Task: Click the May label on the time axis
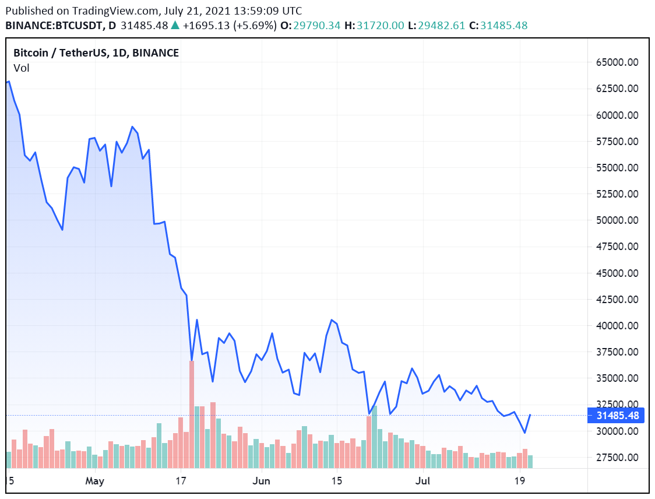(x=94, y=481)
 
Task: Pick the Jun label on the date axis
(x=262, y=481)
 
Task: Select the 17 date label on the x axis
(x=181, y=481)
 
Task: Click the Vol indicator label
(x=22, y=68)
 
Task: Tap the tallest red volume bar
(x=191, y=414)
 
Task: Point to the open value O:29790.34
(x=310, y=26)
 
